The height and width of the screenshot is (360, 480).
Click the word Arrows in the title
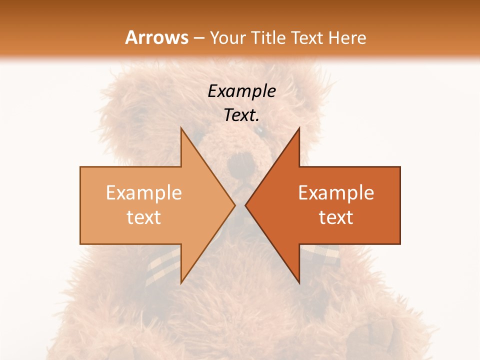[x=156, y=37]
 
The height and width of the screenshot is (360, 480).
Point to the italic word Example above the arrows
[x=241, y=91]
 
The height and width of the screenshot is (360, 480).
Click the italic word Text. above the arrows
[x=241, y=115]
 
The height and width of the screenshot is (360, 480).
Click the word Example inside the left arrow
[x=143, y=193]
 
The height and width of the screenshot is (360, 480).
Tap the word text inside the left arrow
[x=143, y=217]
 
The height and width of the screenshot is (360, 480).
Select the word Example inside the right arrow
[x=336, y=193]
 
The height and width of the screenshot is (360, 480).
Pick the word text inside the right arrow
[x=336, y=217]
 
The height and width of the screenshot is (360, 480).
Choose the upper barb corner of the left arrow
[x=181, y=128]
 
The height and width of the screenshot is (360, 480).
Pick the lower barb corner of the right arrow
[x=299, y=283]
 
